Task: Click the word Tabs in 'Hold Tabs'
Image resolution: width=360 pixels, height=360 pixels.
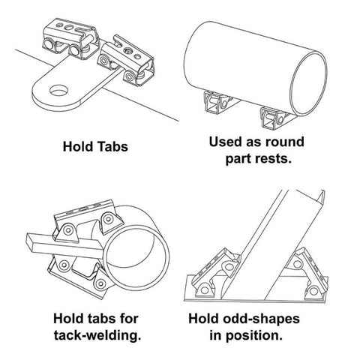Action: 112,146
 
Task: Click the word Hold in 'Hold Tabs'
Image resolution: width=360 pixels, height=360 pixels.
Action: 78,146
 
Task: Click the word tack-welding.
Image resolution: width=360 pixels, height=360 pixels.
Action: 97,335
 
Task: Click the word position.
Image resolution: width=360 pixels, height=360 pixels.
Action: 254,336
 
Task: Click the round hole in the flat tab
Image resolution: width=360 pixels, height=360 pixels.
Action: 59,90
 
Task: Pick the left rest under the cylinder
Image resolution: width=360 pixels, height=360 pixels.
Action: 218,103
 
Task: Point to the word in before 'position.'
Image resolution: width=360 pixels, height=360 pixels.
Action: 216,335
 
